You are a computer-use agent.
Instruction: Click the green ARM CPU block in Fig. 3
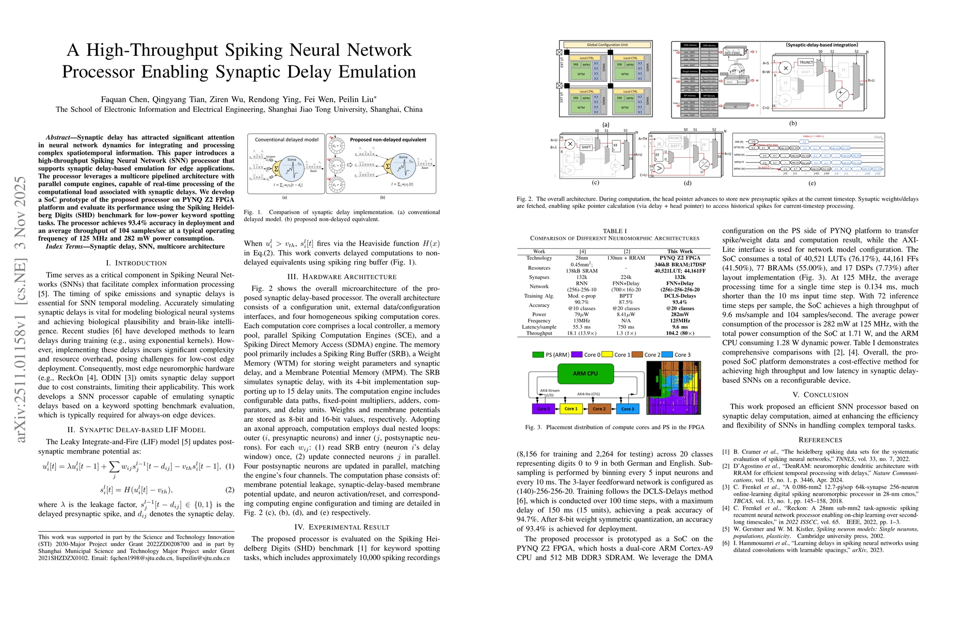point(585,373)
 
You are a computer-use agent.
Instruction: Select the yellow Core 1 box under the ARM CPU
point(570,409)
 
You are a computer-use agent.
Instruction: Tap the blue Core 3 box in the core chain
point(627,409)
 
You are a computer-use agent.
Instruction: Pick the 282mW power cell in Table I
point(679,314)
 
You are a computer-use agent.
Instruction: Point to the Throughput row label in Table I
point(539,333)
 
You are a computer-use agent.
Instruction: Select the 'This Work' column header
point(679,251)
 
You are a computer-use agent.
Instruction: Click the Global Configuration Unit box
point(607,45)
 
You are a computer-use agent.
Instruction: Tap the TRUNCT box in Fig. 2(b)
point(806,62)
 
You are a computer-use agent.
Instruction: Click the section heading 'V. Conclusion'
point(820,395)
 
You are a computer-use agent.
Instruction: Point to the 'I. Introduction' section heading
point(136,263)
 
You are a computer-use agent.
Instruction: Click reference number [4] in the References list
point(725,508)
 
